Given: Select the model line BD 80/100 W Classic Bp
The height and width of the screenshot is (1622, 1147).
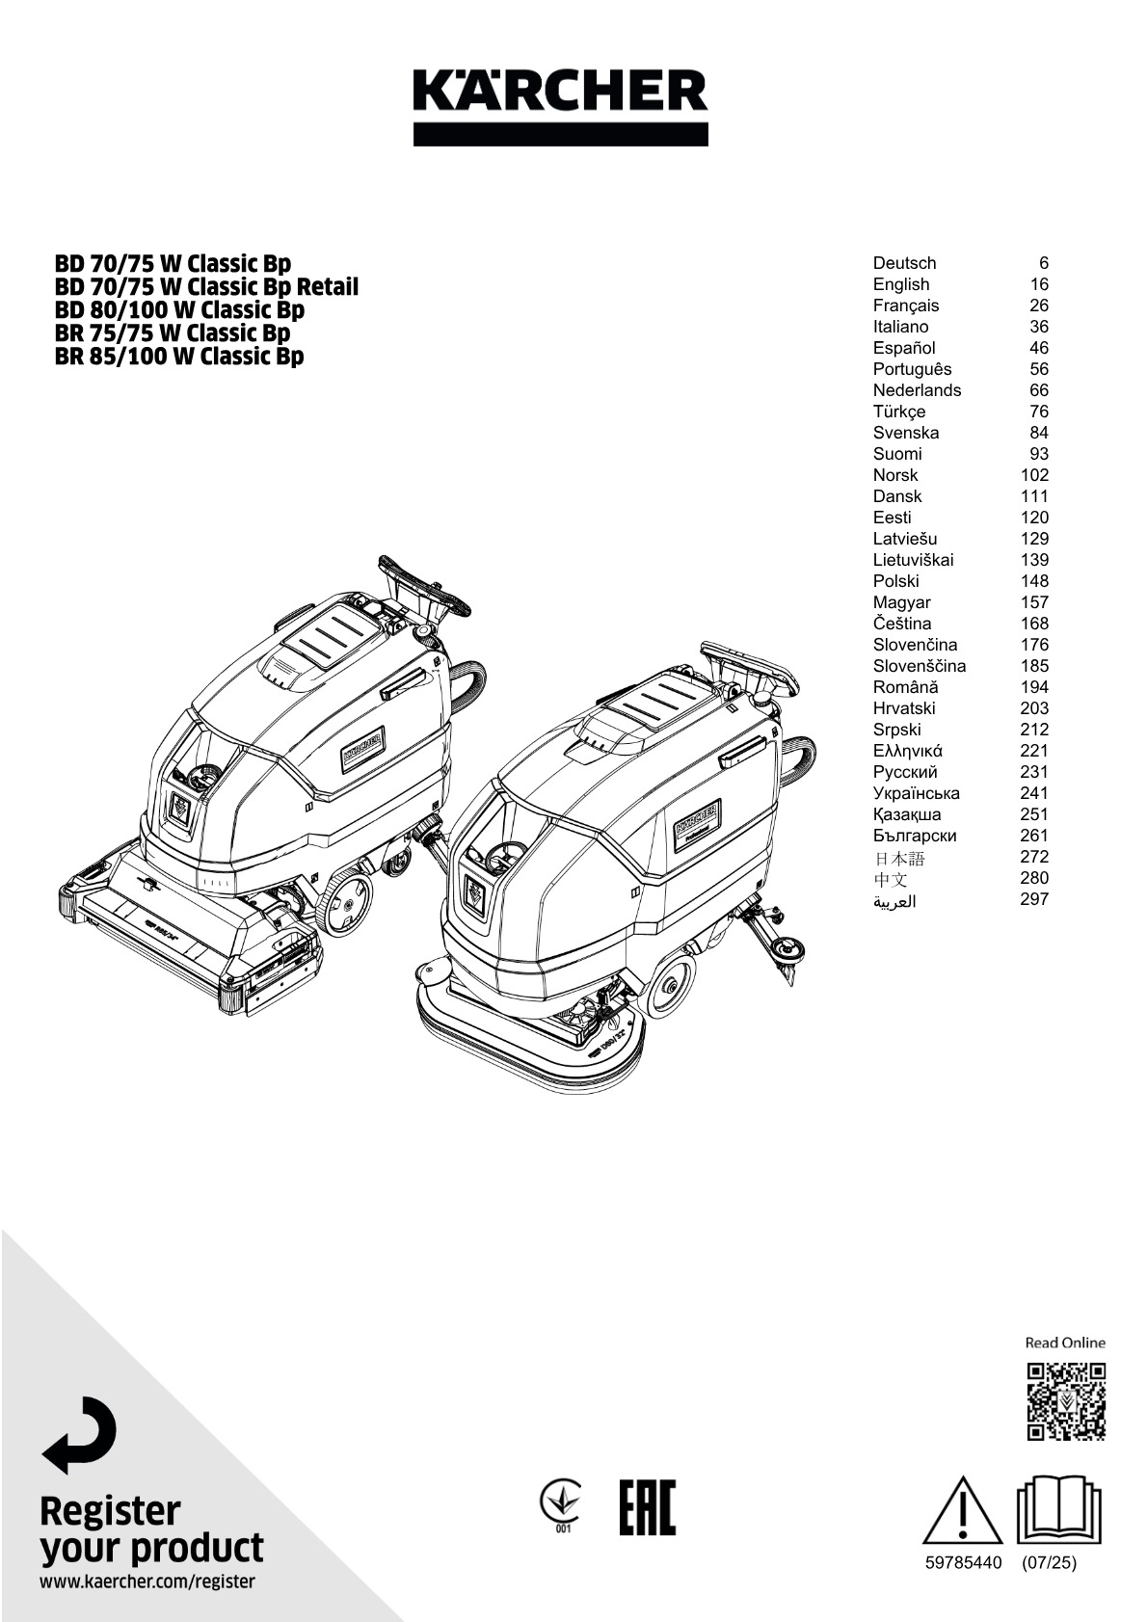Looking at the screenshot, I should (x=179, y=309).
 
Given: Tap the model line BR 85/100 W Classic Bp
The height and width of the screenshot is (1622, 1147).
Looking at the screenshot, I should (x=179, y=356).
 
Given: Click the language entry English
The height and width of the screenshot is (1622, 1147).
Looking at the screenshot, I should (x=901, y=284).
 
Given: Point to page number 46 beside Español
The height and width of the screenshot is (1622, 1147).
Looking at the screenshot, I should (x=1038, y=348).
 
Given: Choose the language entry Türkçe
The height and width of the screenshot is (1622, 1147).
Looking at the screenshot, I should (x=899, y=412).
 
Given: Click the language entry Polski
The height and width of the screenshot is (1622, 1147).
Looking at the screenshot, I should (x=895, y=581).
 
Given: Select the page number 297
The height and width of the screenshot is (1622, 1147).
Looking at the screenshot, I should (x=1033, y=899).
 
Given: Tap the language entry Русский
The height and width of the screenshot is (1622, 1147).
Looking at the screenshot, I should (x=905, y=772).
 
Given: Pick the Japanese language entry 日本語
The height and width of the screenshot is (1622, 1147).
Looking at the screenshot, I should (x=898, y=858).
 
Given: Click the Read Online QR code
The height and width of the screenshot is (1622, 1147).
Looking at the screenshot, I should (x=1065, y=1400).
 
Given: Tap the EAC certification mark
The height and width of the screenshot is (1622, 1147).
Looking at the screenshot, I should (x=647, y=1507).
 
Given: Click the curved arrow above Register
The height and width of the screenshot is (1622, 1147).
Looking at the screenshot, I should (x=79, y=1434).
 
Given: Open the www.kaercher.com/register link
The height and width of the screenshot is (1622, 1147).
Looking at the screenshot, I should (x=147, y=1582).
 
